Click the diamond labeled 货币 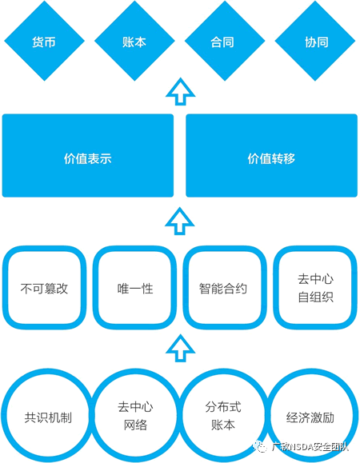(x=44, y=41)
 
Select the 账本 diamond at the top (x=134, y=41)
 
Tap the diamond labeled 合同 (x=225, y=41)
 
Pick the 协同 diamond (x=315, y=41)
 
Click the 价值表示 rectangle (x=88, y=156)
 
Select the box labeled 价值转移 (x=271, y=156)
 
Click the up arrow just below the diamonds (x=181, y=91)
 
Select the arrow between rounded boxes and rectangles (x=180, y=221)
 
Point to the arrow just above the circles (x=181, y=348)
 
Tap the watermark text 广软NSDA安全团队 (x=310, y=447)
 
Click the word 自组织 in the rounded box (x=315, y=297)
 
